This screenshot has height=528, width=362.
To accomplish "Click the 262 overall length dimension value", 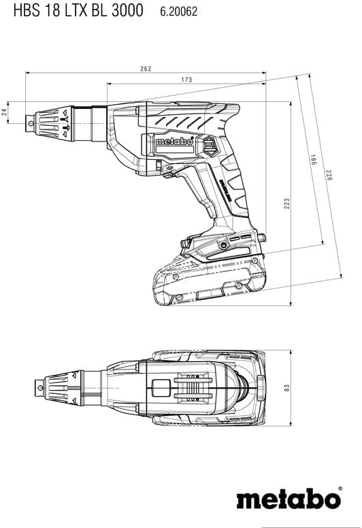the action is coord(146,69).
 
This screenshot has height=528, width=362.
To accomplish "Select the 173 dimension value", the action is coord(186,80).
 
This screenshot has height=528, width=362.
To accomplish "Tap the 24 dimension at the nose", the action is coord(4,112).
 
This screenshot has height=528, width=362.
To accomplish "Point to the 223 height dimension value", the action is coord(286,203).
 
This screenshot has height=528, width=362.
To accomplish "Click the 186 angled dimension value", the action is coord(313,160).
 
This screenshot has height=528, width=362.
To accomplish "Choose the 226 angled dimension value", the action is coord(329,175).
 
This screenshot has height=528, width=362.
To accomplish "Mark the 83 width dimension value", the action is coord(286,388).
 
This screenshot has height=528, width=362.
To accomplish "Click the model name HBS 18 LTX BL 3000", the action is coord(78,10).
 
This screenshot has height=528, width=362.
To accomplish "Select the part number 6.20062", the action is coord(178,12).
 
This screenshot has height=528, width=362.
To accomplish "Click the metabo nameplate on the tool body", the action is coord(174,142).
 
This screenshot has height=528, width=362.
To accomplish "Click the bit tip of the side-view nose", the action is coord(30,123).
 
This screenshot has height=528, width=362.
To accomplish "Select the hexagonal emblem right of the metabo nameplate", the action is coord(210,146).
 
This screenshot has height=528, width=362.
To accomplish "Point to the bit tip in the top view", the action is coord(39,388).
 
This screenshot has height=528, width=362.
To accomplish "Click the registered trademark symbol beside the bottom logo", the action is coord(340,489).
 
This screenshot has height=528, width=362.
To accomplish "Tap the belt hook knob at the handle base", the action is coord(261,237).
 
